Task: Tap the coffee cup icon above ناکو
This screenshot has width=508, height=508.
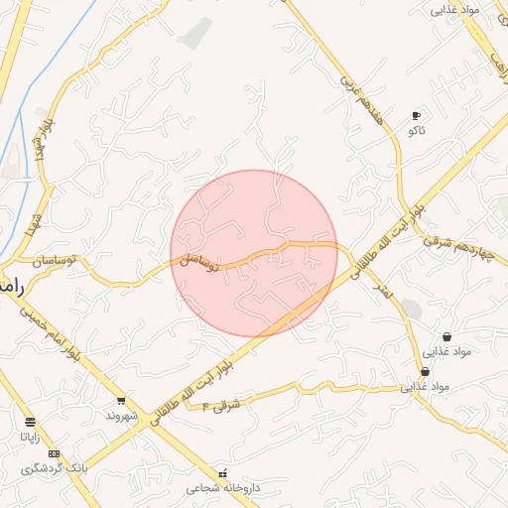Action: coord(416,116)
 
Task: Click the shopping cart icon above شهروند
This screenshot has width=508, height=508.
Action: coord(121,401)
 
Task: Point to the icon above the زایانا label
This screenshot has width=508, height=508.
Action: coord(30,422)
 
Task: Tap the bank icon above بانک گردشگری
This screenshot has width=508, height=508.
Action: coord(53,453)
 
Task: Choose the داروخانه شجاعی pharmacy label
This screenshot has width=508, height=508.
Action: coord(222,488)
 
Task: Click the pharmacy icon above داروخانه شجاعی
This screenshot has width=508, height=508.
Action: coord(222,473)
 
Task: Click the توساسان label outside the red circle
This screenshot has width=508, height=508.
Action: coord(60,262)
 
